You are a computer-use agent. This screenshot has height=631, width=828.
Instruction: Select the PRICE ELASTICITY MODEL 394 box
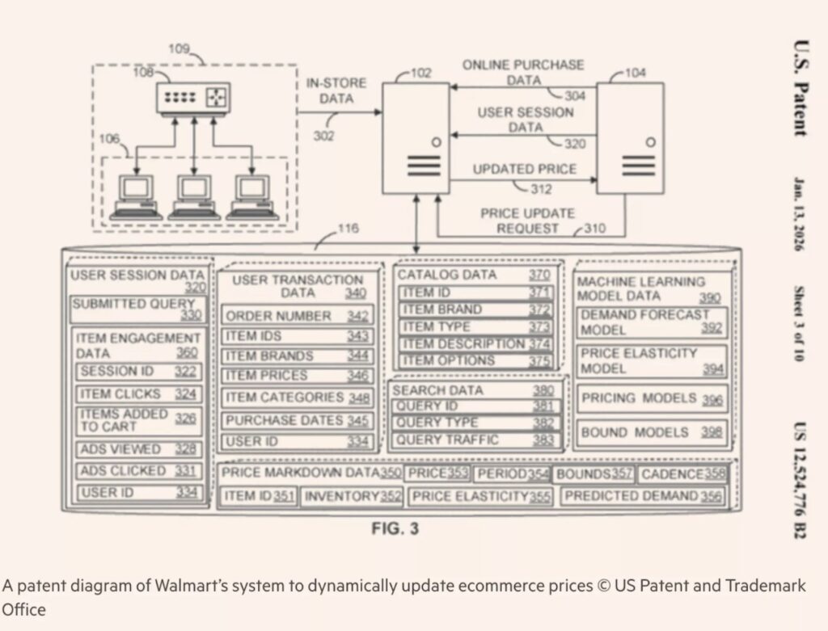pyautogui.click(x=652, y=361)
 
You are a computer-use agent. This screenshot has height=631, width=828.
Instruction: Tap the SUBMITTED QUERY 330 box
pyautogui.click(x=137, y=309)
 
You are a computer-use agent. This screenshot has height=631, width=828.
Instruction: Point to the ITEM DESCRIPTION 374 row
pyautogui.click(x=475, y=343)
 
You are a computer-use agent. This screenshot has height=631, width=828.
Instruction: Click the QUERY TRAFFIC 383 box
pyautogui.click(x=474, y=440)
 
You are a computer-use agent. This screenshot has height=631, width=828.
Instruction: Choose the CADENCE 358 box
pyautogui.click(x=682, y=473)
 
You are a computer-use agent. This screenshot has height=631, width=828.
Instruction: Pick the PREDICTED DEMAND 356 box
pyautogui.click(x=643, y=496)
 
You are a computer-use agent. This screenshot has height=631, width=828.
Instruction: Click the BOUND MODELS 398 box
pyautogui.click(x=652, y=432)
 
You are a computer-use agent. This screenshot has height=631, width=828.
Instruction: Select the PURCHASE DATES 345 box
pyautogui.click(x=298, y=420)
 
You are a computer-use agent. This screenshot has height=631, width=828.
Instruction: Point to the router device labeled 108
pyautogui.click(x=193, y=98)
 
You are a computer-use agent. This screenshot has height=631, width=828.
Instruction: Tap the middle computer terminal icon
pyautogui.click(x=194, y=196)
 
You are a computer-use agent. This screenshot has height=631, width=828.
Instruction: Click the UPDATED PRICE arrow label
pyautogui.click(x=524, y=170)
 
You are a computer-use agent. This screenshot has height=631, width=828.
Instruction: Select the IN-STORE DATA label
pyautogui.click(x=336, y=90)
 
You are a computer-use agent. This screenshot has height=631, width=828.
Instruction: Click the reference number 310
pyautogui.click(x=594, y=229)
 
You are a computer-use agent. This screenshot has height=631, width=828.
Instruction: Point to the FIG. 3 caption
pyautogui.click(x=395, y=529)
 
